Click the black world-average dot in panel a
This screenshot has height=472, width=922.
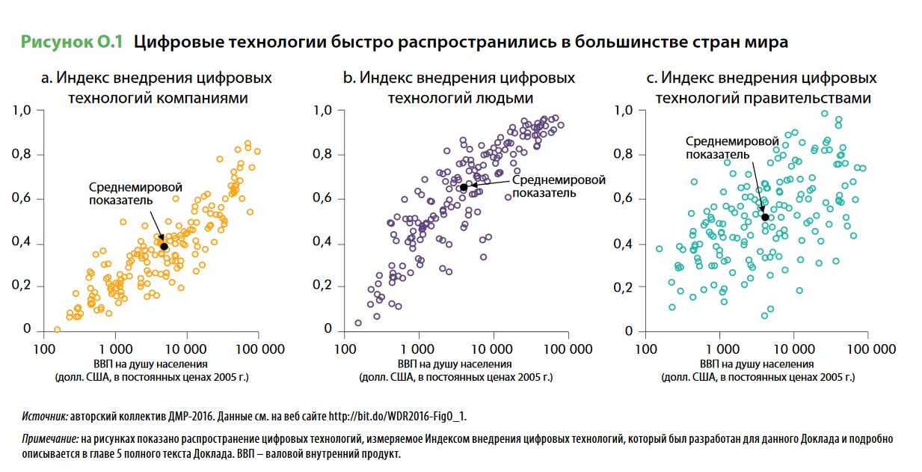pyautogui.click(x=164, y=246)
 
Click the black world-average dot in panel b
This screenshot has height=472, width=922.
pyautogui.click(x=464, y=187)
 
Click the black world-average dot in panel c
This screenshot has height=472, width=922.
pyautogui.click(x=765, y=217)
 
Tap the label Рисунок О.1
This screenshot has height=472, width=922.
pyautogui.click(x=71, y=42)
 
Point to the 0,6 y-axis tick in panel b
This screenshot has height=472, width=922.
pyautogui.click(x=322, y=199)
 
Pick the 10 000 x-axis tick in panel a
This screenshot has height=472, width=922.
pyautogui.click(x=187, y=349)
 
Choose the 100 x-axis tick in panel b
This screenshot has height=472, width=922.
pyautogui.click(x=345, y=349)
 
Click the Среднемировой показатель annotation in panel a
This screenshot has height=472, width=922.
pyautogui.click(x=135, y=193)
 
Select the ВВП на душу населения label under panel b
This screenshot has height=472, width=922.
pyautogui.click(x=455, y=364)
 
